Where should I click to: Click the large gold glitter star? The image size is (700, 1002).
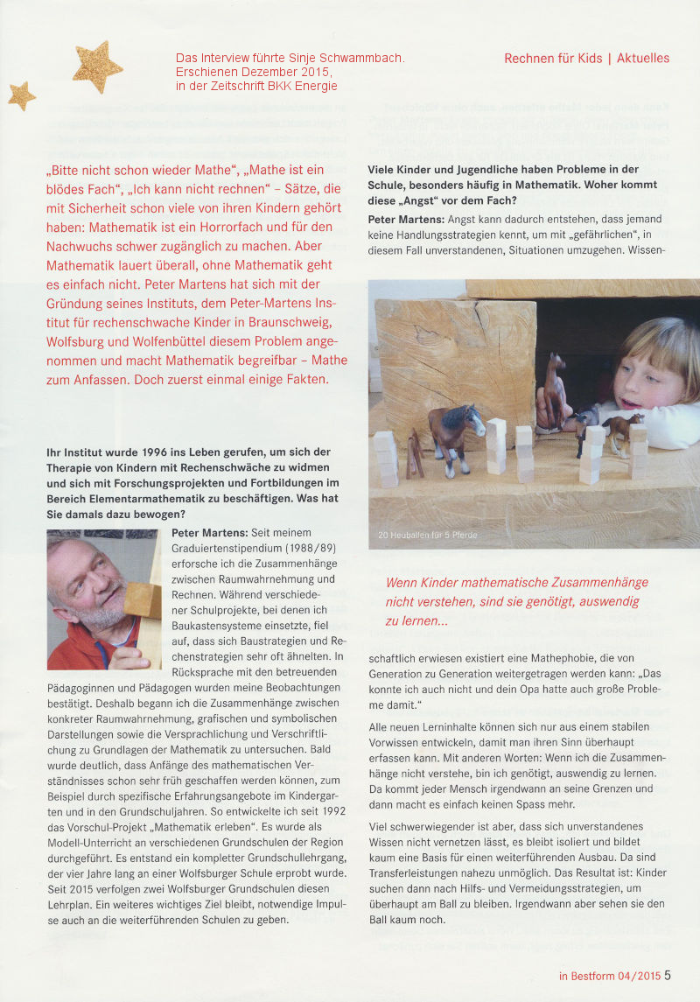pyautogui.click(x=97, y=66)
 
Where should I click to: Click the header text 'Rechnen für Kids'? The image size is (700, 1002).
pyautogui.click(x=553, y=58)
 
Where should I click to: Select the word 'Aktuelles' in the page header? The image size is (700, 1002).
pyautogui.click(x=643, y=58)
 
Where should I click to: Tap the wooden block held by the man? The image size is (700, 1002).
pyautogui.click(x=142, y=601)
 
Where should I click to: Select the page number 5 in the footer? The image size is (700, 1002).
pyautogui.click(x=668, y=976)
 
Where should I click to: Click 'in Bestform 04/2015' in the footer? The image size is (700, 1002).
pyautogui.click(x=609, y=976)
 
